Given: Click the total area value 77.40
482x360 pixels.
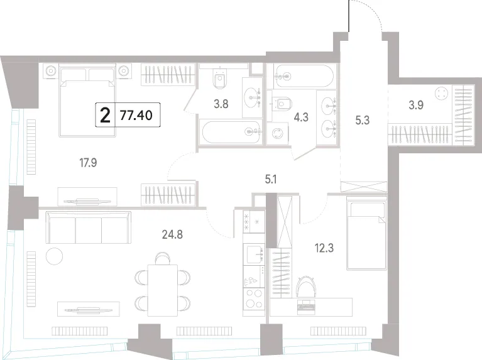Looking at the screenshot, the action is tap(136, 116).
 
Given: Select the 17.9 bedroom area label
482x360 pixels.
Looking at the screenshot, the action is tap(88, 163).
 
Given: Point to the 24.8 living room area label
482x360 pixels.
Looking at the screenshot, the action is tap(172, 234).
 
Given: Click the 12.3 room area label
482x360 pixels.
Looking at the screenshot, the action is tap(324, 248).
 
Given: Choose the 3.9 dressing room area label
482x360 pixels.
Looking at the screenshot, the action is tap(416, 105).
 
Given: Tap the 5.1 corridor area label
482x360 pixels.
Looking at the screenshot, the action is tap(271, 179).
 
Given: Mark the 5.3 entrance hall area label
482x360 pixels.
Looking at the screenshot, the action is tap(363, 120).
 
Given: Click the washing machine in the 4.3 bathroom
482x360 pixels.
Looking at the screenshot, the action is tap(278, 134).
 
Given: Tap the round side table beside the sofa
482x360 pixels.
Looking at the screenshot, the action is tap(54, 256).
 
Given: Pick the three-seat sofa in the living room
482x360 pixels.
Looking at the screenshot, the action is tap(89, 227).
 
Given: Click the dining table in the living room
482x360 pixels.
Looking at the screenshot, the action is tap(163, 290).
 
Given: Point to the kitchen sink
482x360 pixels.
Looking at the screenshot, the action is tap(254, 254).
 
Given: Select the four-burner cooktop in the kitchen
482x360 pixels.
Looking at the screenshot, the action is tap(254, 298).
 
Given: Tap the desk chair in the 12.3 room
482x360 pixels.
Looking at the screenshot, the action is tap(305, 286).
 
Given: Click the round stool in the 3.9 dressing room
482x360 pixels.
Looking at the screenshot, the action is tap(442, 93).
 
